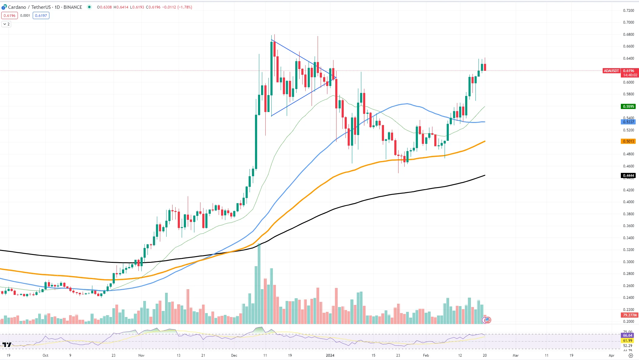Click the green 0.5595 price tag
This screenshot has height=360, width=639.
[x=628, y=107]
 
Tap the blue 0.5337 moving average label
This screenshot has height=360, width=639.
[x=628, y=122]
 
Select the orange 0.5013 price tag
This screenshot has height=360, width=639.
[x=628, y=141]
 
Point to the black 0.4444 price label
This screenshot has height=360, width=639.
[x=628, y=176]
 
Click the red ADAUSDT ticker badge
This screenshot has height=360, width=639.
[x=611, y=71]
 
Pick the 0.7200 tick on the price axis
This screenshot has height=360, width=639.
[x=628, y=11]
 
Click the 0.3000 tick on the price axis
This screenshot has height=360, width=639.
[x=628, y=262]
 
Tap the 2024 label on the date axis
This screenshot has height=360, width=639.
[x=330, y=355]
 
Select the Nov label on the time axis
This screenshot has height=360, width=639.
[x=141, y=355]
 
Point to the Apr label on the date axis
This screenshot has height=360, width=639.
[x=611, y=355]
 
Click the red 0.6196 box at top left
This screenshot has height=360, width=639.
[x=9, y=16]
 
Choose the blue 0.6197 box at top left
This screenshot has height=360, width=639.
[x=41, y=16]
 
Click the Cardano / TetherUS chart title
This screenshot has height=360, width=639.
[x=45, y=7]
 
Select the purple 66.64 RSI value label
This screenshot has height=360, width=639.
[x=627, y=335]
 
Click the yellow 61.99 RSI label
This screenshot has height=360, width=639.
[x=627, y=341]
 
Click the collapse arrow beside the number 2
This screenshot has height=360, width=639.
[x=5, y=24]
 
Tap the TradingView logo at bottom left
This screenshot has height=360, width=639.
[x=7, y=345]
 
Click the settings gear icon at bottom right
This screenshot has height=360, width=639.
[x=631, y=356]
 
